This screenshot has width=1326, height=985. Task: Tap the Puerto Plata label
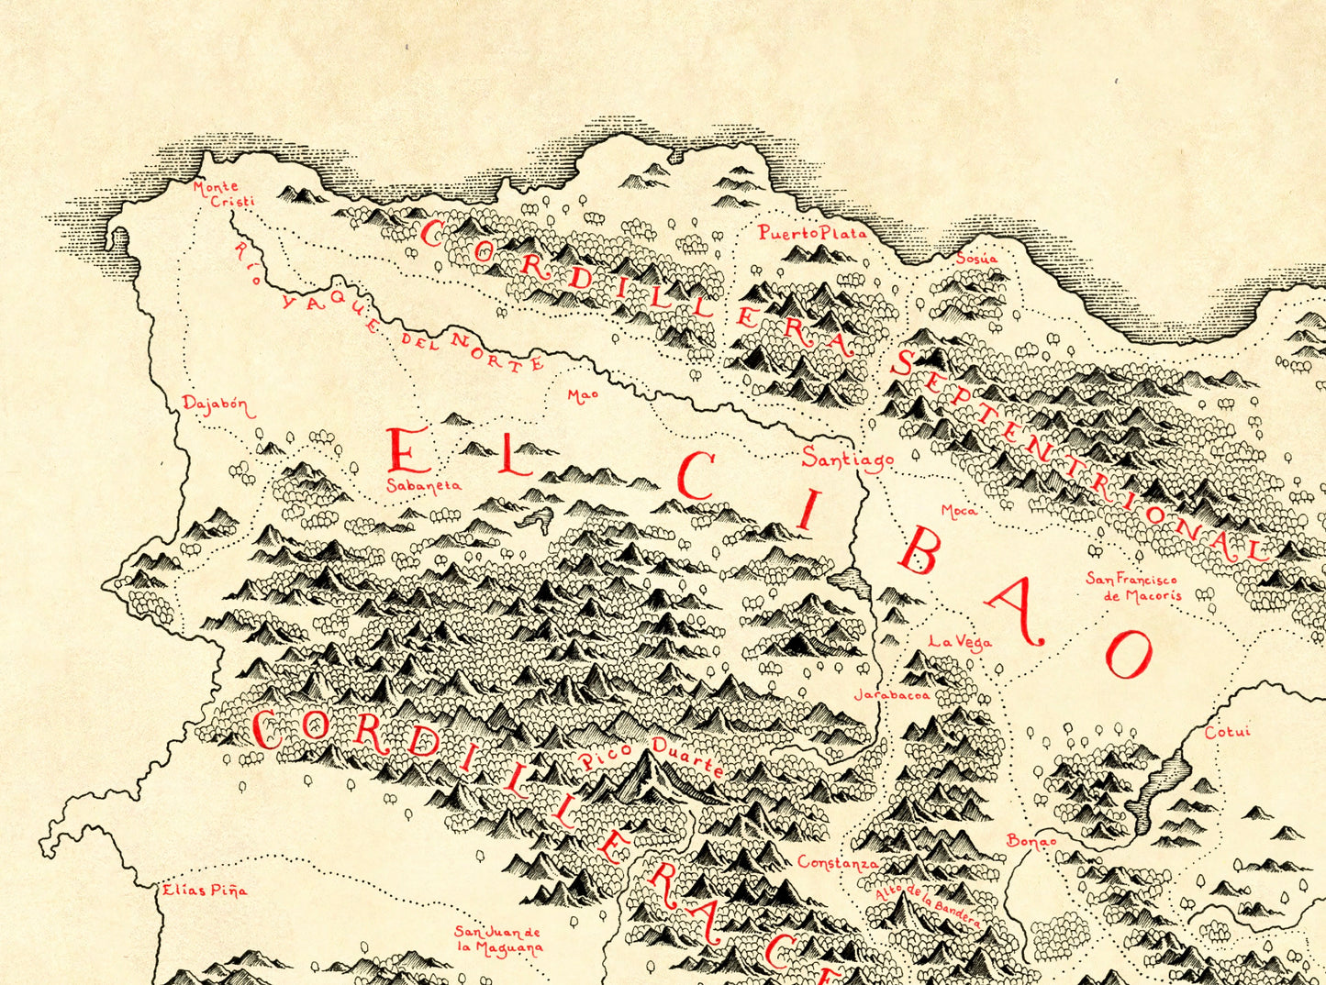coord(812,233)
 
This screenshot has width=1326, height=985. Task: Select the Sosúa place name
coord(976,259)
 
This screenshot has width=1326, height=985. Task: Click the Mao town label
coord(583,395)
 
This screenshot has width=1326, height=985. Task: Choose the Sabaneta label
coord(423,486)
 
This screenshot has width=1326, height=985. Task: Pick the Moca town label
coord(959,511)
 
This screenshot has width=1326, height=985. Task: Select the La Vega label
coord(960,642)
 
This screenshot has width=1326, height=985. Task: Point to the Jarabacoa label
coord(892,695)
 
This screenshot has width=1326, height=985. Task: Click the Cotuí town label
coord(1228,733)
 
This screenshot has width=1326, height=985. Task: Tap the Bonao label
coord(1031,841)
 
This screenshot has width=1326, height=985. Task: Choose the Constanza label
coord(837,863)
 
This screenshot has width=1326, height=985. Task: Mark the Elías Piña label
coord(205,890)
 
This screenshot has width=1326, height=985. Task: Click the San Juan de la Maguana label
coord(499,940)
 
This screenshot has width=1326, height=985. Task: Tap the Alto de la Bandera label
coord(927,903)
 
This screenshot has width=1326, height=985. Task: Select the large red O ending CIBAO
coord(1128,654)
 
